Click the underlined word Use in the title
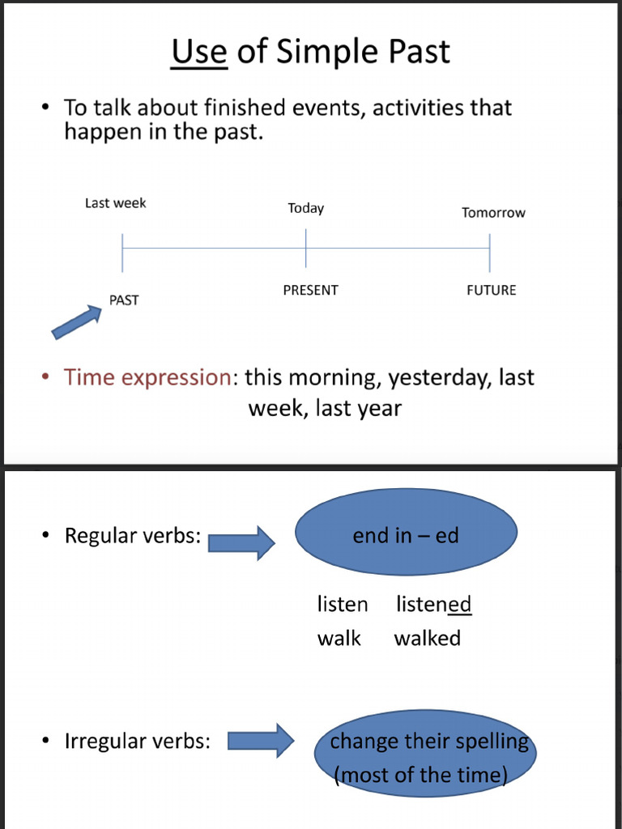click(x=198, y=52)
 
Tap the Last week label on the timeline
click(x=115, y=203)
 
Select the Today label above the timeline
click(x=305, y=209)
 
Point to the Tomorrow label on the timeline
click(x=493, y=213)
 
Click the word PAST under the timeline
click(x=124, y=300)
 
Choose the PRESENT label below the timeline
click(x=310, y=291)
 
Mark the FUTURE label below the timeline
click(x=491, y=291)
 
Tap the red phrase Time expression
click(x=147, y=377)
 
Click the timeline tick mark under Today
click(x=305, y=248)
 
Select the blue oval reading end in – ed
click(x=406, y=535)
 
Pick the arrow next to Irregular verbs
click(x=260, y=741)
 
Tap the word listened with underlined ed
click(x=433, y=605)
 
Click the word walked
click(x=427, y=639)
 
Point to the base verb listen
click(x=342, y=605)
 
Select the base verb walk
click(x=339, y=639)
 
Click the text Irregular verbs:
click(x=137, y=742)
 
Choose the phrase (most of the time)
click(x=420, y=776)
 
